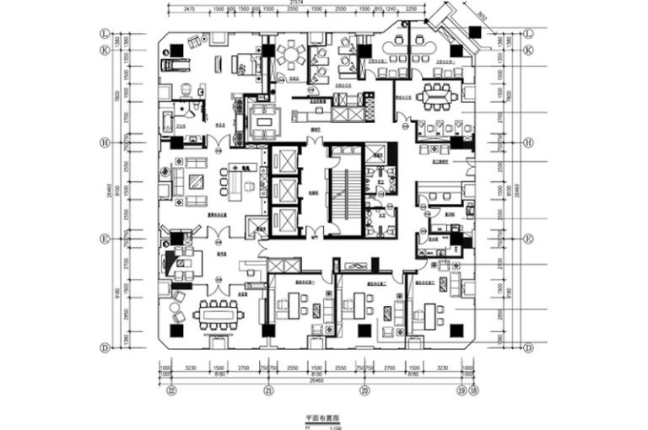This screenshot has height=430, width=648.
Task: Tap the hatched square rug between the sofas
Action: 195,180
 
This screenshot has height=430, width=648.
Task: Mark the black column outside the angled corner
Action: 477,31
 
